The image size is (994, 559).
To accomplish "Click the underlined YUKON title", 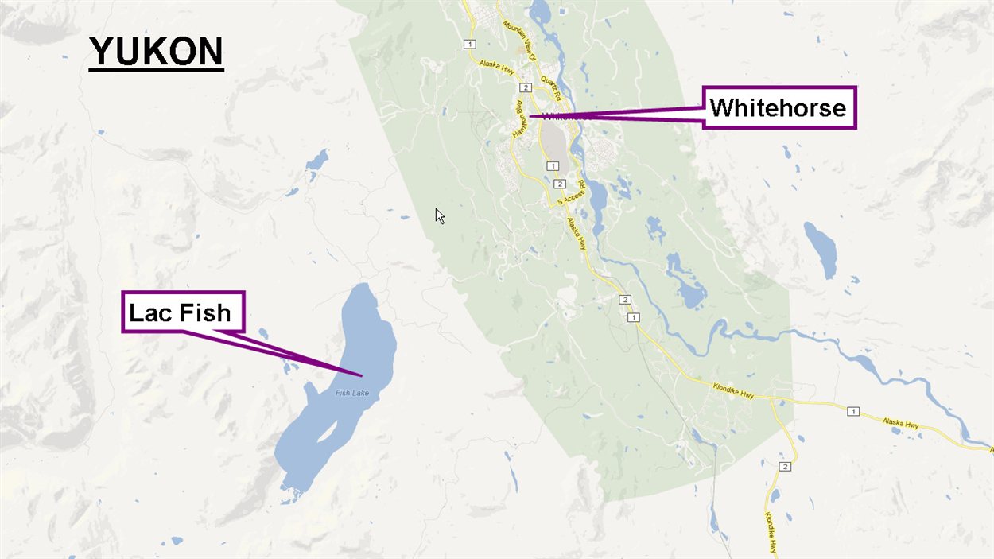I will coord(156,52).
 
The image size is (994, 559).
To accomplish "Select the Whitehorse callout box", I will coord(779,107).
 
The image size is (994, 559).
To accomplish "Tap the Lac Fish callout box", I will coord(182,312).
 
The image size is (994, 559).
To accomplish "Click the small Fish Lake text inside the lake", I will coord(352,393).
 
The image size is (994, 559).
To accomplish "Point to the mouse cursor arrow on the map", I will coord(439,215).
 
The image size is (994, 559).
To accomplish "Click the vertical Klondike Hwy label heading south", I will coord(771,531).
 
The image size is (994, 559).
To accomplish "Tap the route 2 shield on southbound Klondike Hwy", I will coord(785,465).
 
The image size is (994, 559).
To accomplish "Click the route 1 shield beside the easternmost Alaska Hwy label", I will coord(853,411).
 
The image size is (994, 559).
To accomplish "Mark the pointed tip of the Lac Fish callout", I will coord(362,375).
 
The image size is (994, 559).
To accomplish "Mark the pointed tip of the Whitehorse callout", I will coord(529,117).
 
